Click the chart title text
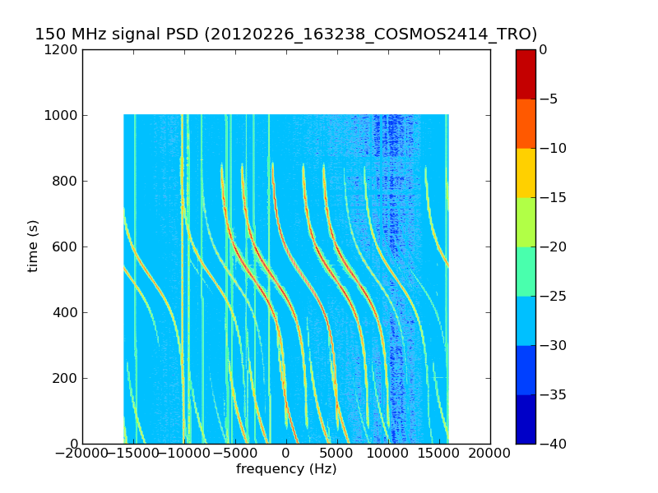tap(285, 35)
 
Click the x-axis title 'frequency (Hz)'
tap(286, 469)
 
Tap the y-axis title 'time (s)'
tap(33, 246)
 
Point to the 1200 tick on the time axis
tap(62, 49)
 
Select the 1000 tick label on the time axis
tap(62, 115)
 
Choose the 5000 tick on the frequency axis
tap(337, 453)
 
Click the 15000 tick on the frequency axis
tap(439, 453)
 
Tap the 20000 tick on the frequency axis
tap(490, 453)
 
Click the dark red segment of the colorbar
tap(526, 74)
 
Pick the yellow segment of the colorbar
tap(526, 173)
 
